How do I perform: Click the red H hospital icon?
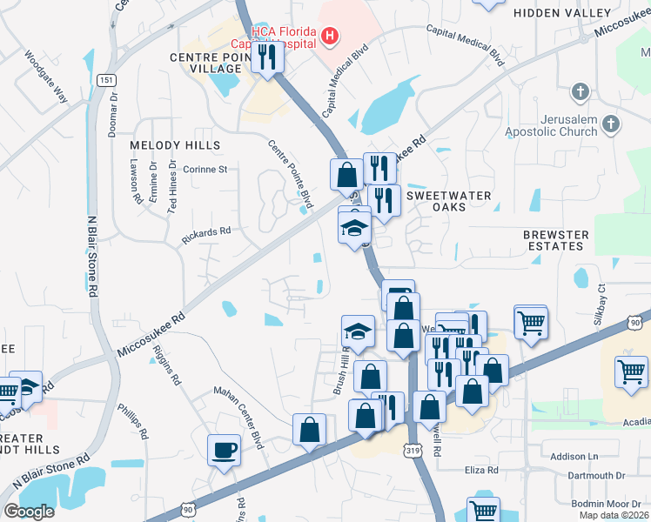pos(330,36)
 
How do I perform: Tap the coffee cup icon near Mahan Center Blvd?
pos(225,451)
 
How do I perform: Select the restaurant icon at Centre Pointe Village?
pos(267,57)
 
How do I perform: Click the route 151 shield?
pos(105,79)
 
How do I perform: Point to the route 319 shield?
pos(413,449)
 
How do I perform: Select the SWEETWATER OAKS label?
pos(449,202)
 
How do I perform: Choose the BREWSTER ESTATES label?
pos(555,241)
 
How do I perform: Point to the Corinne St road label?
pos(205,170)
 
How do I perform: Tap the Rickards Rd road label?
pos(205,232)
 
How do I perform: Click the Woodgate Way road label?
pos(46,82)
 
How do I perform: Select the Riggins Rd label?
pos(166,365)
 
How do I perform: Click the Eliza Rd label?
pos(480,470)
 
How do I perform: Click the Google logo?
pos(29,512)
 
